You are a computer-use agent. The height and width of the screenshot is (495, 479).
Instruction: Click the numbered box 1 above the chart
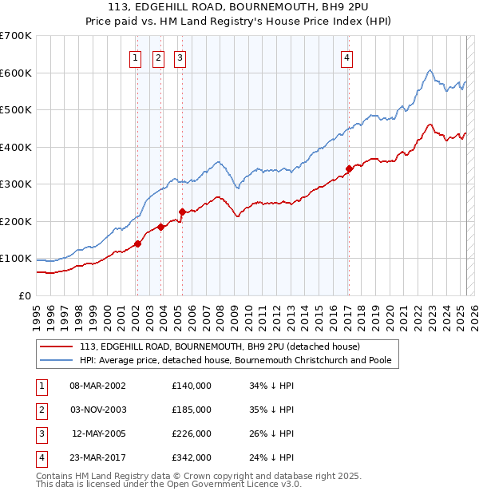(x=136, y=57)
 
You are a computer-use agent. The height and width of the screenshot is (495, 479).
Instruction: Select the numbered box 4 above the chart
(x=347, y=57)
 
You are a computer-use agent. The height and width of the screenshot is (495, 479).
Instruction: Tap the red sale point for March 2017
(x=349, y=168)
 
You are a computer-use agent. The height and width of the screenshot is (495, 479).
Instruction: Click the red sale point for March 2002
(x=137, y=244)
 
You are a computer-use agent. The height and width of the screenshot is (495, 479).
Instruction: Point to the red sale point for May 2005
(x=182, y=212)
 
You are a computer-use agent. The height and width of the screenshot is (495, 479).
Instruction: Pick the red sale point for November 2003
(x=160, y=227)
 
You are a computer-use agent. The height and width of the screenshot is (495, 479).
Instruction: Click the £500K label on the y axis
(x=15, y=110)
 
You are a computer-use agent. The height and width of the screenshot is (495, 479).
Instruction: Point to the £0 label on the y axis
(x=25, y=295)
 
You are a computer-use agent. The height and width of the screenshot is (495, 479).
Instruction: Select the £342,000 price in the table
(x=191, y=457)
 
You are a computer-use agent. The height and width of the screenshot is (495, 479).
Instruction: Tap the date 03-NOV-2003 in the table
(x=98, y=410)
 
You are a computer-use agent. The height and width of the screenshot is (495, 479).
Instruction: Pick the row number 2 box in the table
(x=40, y=410)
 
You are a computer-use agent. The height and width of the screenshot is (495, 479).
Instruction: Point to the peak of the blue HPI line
(x=430, y=70)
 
